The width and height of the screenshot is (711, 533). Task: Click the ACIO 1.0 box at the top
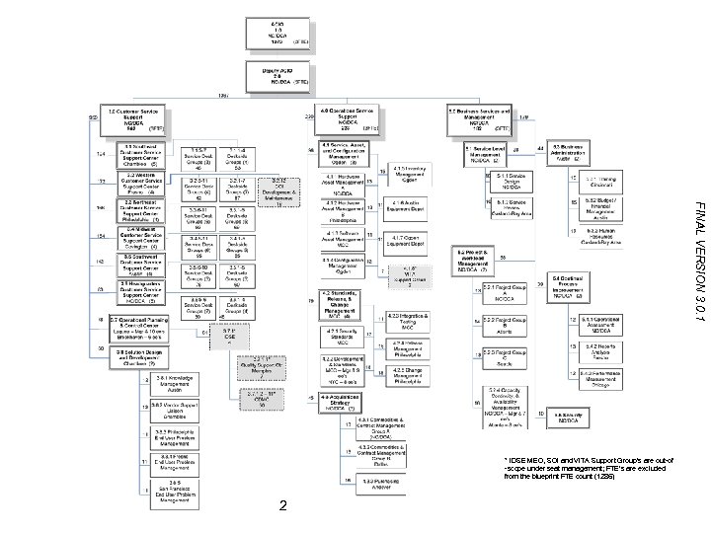click(x=276, y=32)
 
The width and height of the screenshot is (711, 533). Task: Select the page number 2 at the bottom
click(x=282, y=506)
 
